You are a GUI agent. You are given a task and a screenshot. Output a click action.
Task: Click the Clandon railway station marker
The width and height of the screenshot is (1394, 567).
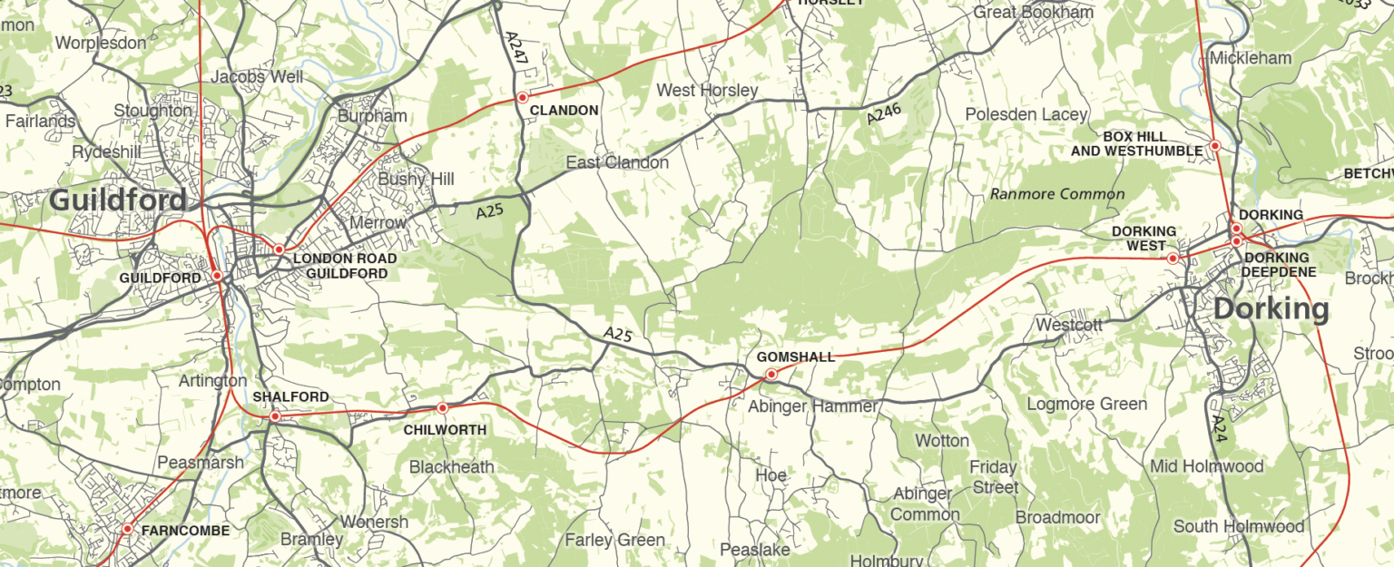click(523, 97)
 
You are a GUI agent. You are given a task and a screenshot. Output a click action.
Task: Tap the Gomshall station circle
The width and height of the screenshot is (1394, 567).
click(771, 374)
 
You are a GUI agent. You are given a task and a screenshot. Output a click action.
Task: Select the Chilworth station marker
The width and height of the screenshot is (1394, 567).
click(442, 409)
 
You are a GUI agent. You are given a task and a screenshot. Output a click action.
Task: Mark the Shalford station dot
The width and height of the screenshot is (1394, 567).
click(275, 416)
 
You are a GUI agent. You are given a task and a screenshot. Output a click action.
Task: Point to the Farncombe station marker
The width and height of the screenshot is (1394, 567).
click(127, 528)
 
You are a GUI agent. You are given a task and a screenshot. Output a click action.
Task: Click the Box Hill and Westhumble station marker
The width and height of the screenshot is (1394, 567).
click(1214, 146)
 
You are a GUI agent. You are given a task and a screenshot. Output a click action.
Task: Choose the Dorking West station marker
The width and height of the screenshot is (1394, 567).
click(1173, 259)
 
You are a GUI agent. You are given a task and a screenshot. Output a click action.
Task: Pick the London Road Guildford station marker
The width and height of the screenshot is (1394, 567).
click(280, 249)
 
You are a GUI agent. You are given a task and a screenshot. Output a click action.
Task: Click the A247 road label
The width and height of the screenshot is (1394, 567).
click(515, 46)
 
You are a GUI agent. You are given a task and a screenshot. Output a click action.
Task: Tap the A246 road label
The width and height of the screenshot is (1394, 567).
click(884, 110)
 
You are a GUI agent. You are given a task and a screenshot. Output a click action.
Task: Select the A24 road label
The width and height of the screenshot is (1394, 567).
click(1219, 429)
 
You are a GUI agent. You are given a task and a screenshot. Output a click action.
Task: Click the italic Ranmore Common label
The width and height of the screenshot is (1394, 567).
click(1057, 193)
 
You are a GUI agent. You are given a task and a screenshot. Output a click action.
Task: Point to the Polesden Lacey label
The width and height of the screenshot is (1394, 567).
click(1026, 114)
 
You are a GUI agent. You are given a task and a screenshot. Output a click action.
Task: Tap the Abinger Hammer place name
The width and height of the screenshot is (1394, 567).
click(812, 406)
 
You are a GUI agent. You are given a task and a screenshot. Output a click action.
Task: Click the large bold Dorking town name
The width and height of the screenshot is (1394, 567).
click(1271, 309)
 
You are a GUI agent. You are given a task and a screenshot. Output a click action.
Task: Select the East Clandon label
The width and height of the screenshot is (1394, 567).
click(617, 162)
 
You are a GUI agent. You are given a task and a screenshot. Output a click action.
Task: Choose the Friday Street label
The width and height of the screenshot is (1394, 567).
click(994, 477)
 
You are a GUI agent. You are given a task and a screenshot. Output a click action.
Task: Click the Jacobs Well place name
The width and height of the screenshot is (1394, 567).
click(257, 77)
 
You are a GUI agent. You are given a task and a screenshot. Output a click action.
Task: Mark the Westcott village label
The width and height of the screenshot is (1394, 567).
click(1068, 324)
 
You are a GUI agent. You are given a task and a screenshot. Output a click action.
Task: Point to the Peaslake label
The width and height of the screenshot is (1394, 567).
click(755, 550)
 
